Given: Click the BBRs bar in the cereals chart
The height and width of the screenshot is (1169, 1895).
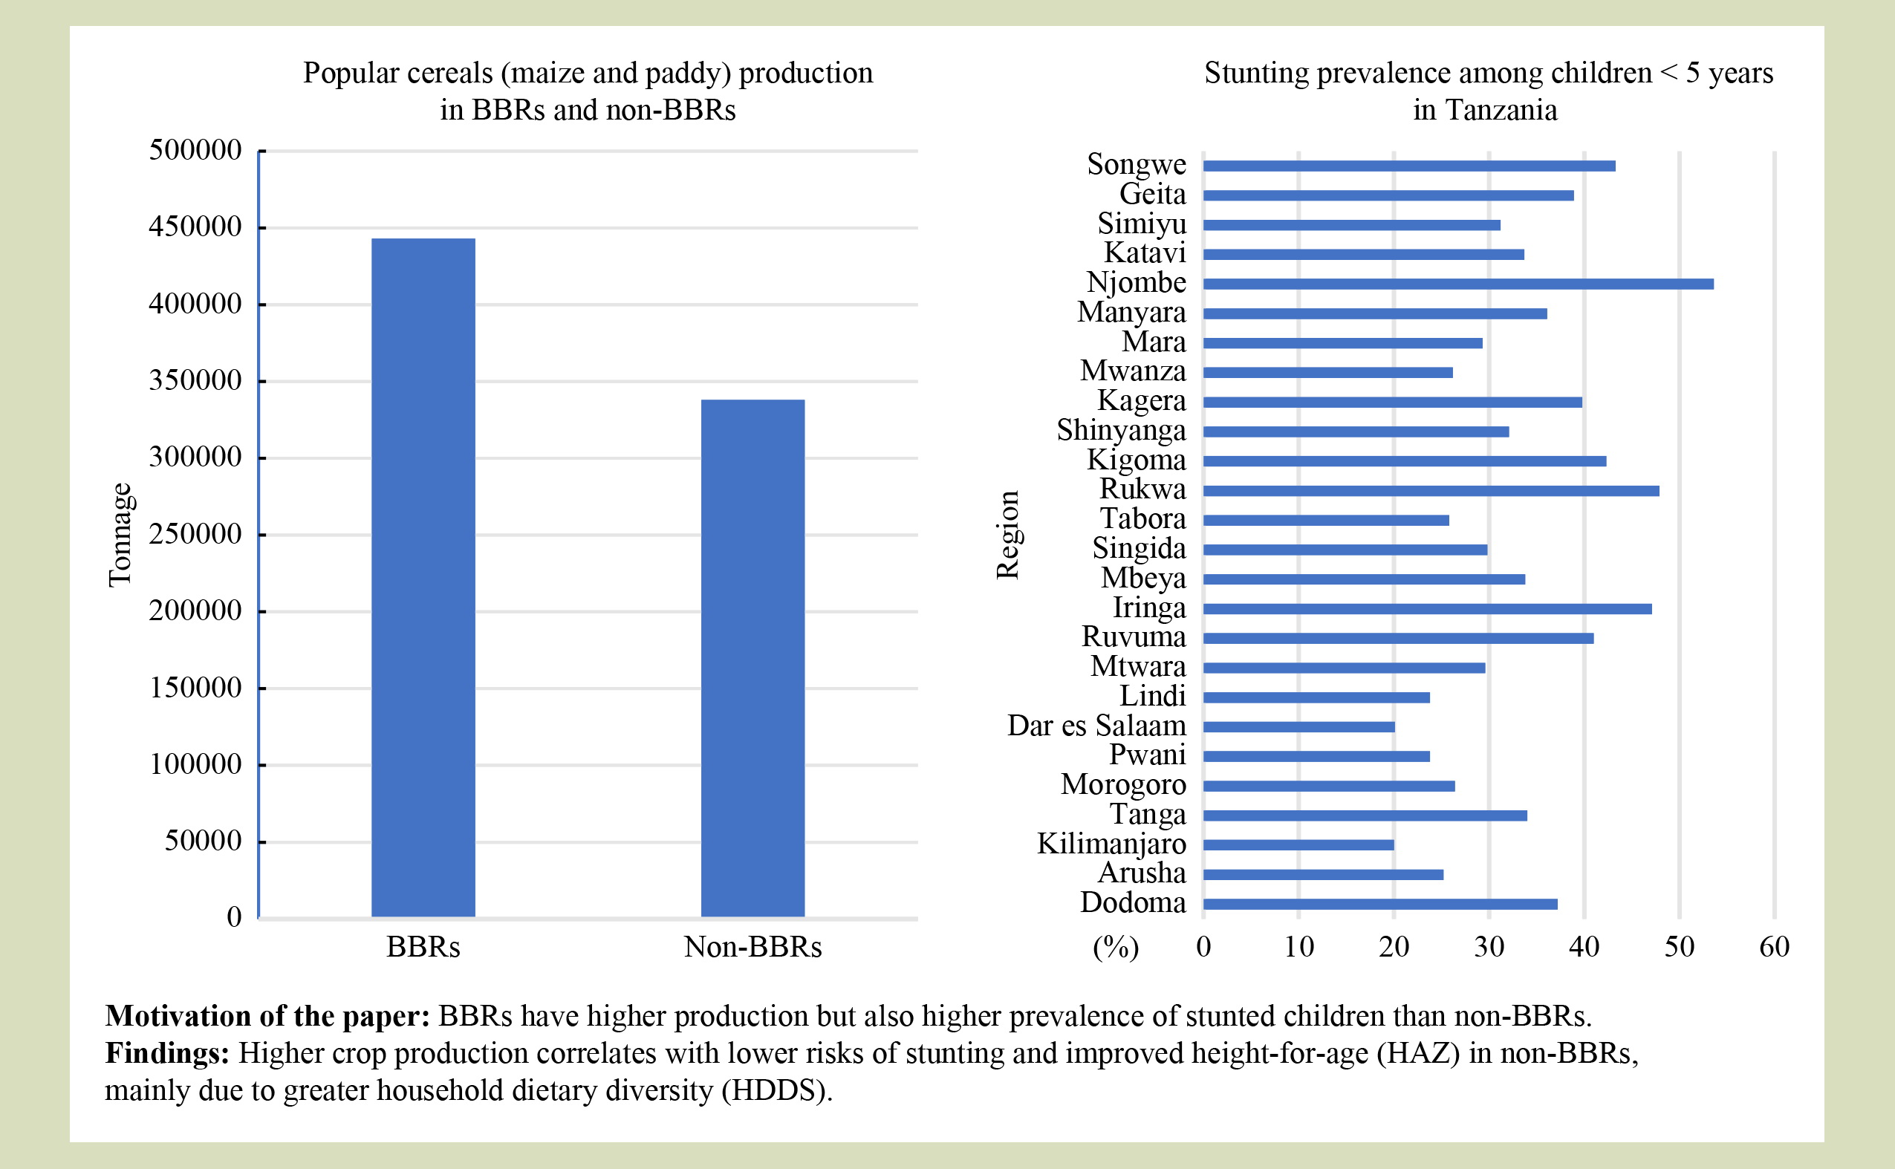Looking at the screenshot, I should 423,578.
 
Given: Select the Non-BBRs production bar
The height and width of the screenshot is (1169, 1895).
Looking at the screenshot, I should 753,658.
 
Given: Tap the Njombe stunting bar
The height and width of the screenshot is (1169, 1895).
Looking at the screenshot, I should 1457,284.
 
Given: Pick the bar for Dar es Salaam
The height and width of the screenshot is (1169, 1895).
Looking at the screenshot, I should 1298,727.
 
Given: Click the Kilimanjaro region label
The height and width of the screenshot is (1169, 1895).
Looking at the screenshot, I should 1111,844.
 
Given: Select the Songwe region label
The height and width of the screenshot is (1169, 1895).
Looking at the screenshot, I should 1136,164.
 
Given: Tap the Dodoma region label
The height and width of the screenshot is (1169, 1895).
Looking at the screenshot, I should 1133,902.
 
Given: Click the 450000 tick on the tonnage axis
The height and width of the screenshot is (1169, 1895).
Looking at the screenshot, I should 195,227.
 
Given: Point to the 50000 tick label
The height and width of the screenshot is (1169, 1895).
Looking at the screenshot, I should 203,841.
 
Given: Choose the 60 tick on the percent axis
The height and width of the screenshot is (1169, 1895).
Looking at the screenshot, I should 1775,947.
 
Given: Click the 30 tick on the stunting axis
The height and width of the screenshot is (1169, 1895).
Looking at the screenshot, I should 1489,947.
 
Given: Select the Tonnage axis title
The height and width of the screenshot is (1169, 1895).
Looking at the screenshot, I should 120,535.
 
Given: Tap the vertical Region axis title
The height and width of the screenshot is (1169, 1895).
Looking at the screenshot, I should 1007,535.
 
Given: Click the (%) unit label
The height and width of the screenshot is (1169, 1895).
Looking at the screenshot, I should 1115,947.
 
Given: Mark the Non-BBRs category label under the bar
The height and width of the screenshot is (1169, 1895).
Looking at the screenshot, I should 753,947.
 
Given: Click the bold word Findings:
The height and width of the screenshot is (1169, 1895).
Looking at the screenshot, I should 167,1053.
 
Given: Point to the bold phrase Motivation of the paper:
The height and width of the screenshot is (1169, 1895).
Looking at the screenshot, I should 267,1016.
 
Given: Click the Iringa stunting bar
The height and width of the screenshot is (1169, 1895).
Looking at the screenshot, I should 1427,609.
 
